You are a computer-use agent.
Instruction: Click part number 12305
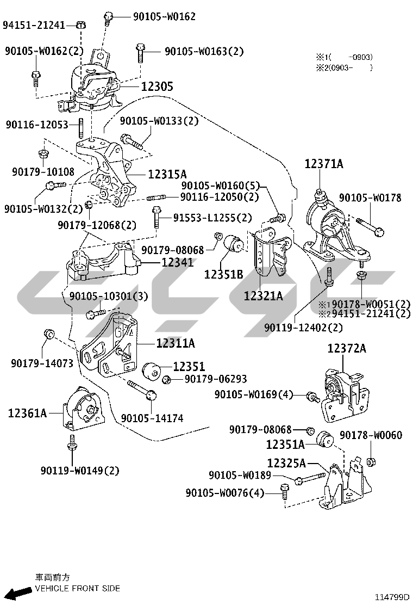(157, 87)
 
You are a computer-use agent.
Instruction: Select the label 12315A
(167, 174)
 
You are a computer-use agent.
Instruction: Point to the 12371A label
(324, 163)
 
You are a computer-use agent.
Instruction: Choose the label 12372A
(347, 348)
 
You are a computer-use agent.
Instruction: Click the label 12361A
(27, 413)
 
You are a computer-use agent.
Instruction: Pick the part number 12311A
(175, 343)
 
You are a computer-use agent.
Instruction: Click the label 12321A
(263, 296)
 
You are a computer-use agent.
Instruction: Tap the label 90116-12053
(37, 125)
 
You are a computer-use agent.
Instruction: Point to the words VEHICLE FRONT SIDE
(77, 588)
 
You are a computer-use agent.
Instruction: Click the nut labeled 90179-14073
(48, 333)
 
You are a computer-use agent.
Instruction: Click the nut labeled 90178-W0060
(371, 462)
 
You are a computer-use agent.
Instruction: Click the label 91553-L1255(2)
(212, 218)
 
